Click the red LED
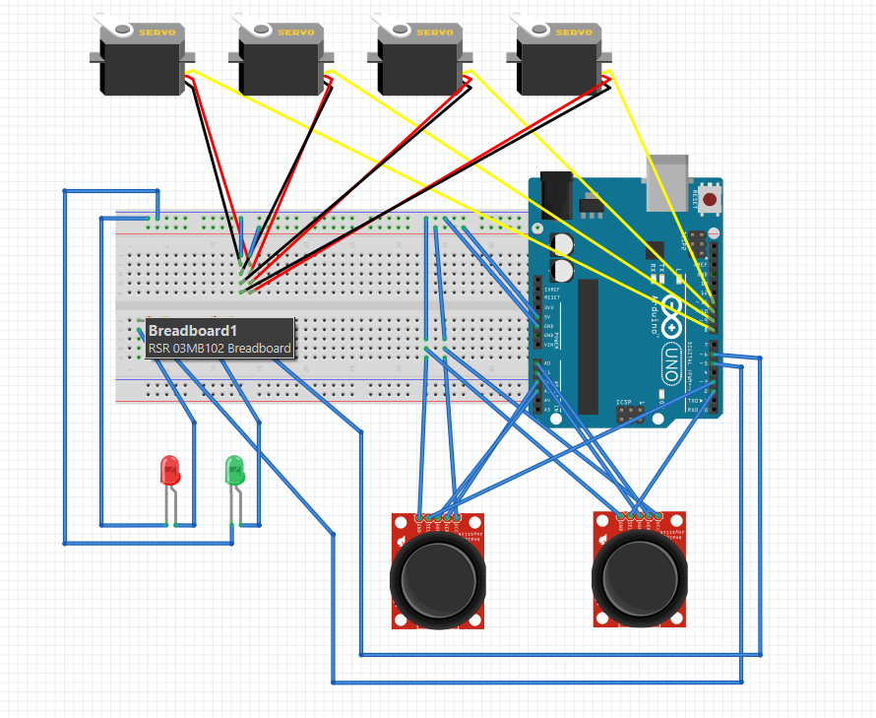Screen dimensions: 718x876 (x=169, y=471)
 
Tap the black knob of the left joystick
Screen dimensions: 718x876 (x=438, y=576)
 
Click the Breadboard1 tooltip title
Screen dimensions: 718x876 (x=193, y=331)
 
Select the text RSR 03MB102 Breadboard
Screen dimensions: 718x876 (x=219, y=349)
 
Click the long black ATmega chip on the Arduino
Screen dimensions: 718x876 (x=588, y=346)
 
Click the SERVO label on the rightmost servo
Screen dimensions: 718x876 (x=574, y=33)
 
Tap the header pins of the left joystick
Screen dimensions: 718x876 (x=438, y=516)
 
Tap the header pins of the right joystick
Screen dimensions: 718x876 (x=640, y=514)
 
